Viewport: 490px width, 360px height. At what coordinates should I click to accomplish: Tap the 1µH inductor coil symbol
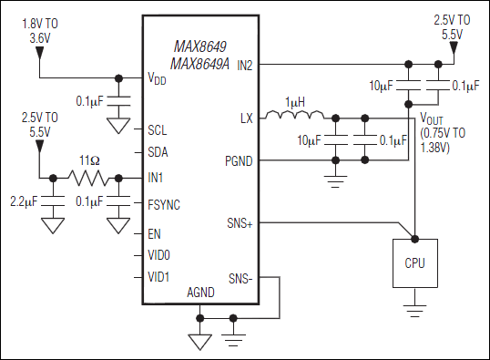coord(294,115)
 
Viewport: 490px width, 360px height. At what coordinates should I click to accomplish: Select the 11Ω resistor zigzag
coord(89,178)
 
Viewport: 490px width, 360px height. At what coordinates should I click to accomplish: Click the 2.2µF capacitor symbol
coord(53,201)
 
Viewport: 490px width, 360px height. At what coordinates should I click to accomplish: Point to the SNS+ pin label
coord(240,223)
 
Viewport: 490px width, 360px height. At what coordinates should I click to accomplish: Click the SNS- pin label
coord(240,278)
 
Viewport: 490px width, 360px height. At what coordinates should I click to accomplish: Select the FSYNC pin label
coord(164,205)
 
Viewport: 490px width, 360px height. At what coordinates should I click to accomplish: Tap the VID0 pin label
coord(158,255)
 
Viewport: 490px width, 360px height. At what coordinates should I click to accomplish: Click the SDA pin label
coord(158,152)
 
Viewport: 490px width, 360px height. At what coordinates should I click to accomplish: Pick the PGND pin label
coord(239,161)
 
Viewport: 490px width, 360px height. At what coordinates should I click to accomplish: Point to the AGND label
coord(200,293)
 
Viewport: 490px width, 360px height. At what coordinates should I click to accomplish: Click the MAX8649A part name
coord(199,64)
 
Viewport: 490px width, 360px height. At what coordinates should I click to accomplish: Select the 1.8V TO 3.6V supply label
coord(40,31)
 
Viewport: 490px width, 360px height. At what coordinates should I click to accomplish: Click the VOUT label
coord(432,118)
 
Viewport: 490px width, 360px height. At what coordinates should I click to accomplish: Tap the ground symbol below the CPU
coord(415,311)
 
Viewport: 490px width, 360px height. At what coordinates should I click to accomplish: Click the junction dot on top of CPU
coord(415,240)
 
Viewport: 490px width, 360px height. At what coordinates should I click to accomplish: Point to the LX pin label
coord(247,118)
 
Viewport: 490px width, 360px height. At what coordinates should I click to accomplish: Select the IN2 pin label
coord(245,65)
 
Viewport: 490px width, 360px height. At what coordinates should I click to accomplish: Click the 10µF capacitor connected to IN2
coord(408,86)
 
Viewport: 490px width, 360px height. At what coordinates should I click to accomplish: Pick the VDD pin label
coord(157,78)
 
